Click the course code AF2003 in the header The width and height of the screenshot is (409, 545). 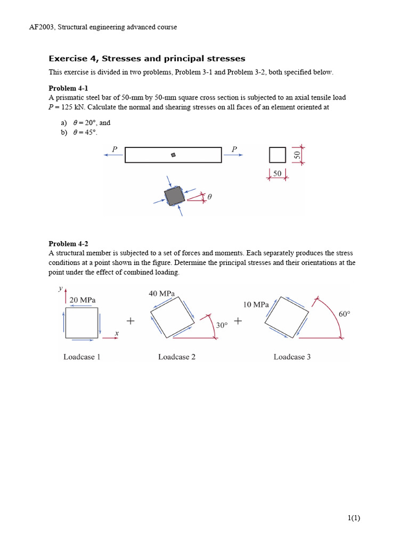[42, 27]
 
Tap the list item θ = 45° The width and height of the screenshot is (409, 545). [85, 133]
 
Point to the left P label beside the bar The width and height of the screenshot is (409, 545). [114, 150]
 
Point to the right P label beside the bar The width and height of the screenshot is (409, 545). [234, 150]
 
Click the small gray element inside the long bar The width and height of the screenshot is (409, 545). [173, 155]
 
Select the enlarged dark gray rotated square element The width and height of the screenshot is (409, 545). [174, 196]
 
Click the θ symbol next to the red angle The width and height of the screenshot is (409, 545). [209, 197]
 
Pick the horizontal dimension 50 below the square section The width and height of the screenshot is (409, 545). [277, 174]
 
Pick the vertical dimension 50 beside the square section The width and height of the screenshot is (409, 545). [297, 154]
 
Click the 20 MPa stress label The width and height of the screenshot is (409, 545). [83, 300]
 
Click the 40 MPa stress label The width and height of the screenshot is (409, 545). [161, 293]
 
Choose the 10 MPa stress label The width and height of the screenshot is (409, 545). [256, 304]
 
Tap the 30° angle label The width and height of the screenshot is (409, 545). [222, 325]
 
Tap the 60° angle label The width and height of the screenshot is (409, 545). [344, 314]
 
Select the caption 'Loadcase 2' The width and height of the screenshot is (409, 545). [177, 357]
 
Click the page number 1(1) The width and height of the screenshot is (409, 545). [353, 518]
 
